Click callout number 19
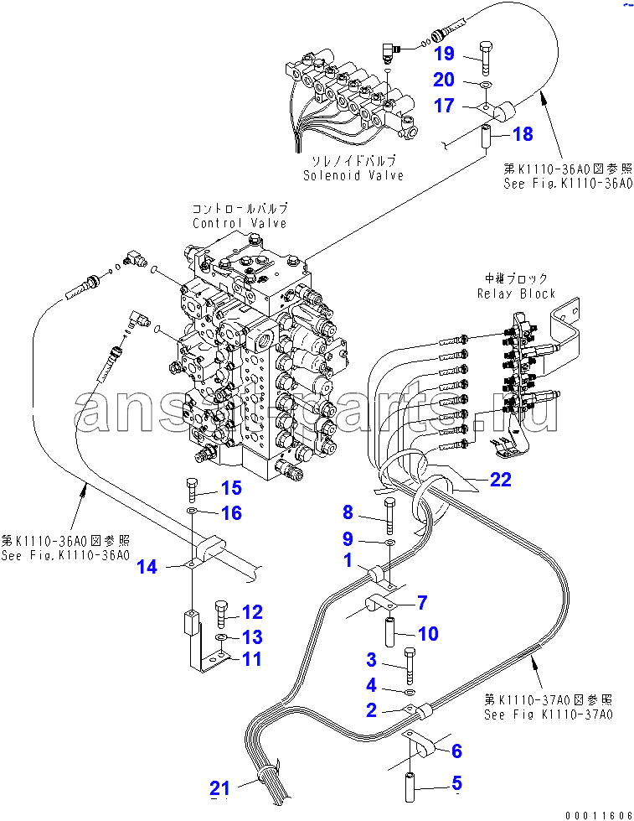coord(444,55)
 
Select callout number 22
coord(500,480)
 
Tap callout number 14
coord(147,568)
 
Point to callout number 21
coord(219,787)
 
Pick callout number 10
coord(427,633)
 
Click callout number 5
coord(456,784)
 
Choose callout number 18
coord(522,133)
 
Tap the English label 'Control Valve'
coord(239,223)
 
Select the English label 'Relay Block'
coord(516,294)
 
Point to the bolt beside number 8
coord(390,515)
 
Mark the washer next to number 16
coord(193,511)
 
